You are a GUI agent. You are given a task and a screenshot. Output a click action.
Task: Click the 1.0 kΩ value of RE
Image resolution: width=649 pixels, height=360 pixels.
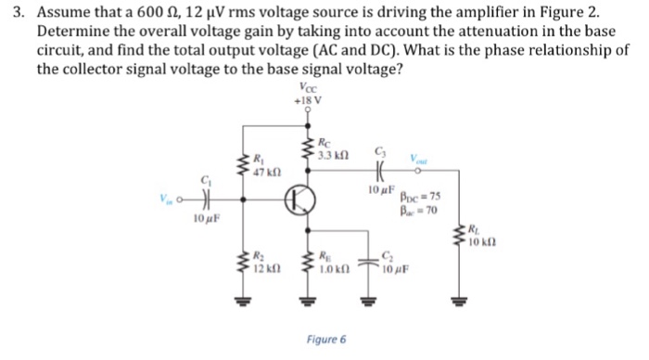click(332, 269)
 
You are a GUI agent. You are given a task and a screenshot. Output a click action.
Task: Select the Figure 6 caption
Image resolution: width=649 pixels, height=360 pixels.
click(328, 340)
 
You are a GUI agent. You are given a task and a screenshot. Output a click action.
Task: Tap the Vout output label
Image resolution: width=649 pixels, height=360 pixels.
click(421, 160)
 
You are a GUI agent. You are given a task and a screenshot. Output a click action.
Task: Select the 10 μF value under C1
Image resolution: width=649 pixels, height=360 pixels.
click(205, 218)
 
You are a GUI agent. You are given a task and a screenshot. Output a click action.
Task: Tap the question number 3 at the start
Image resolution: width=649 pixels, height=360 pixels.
click(14, 12)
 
